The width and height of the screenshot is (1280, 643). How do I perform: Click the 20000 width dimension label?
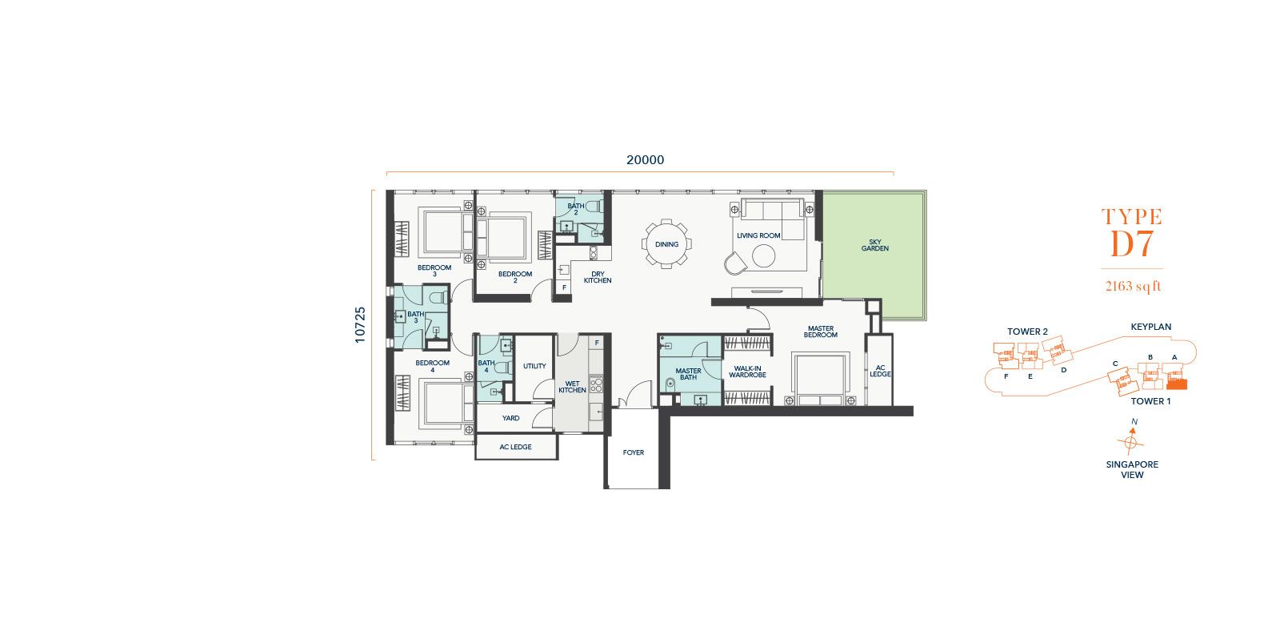pyautogui.click(x=645, y=160)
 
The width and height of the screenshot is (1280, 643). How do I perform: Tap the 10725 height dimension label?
pyautogui.click(x=360, y=325)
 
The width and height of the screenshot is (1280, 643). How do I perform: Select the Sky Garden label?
pyautogui.click(x=875, y=245)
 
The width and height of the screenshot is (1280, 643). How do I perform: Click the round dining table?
pyautogui.click(x=666, y=244)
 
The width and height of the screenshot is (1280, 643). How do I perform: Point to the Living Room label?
pyautogui.click(x=758, y=235)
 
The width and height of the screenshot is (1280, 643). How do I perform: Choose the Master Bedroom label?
pyautogui.click(x=821, y=332)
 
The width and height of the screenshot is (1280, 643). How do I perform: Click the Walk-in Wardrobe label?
pyautogui.click(x=747, y=372)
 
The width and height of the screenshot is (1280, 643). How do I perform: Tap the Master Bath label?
pyautogui.click(x=688, y=374)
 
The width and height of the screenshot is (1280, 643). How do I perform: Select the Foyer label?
pyautogui.click(x=633, y=452)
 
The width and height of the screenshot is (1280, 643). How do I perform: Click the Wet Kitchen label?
pyautogui.click(x=572, y=387)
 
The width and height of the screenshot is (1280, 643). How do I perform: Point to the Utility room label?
pyautogui.click(x=534, y=366)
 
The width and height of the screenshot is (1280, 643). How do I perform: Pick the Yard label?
pyautogui.click(x=511, y=418)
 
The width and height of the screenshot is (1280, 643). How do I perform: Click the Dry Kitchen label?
pyautogui.click(x=598, y=277)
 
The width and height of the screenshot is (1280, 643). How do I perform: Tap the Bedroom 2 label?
pyautogui.click(x=515, y=277)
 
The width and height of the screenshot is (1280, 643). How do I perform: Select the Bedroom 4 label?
pyautogui.click(x=433, y=366)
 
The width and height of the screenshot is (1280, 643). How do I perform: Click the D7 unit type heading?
pyautogui.click(x=1131, y=244)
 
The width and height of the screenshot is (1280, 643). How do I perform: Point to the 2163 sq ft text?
pyautogui.click(x=1133, y=286)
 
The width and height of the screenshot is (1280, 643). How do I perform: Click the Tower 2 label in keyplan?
pyautogui.click(x=1027, y=332)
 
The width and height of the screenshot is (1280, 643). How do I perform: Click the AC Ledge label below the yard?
pyautogui.click(x=515, y=447)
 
